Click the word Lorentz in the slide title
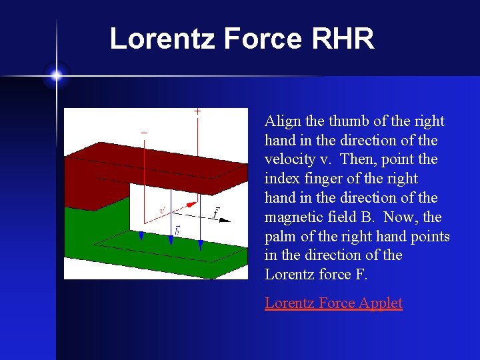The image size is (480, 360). click(x=162, y=39)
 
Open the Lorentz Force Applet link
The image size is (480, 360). click(x=333, y=303)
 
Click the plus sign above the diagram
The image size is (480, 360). click(x=197, y=112)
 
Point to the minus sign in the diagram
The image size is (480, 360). click(x=144, y=133)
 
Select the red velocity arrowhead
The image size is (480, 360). click(x=192, y=204)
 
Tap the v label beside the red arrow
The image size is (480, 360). click(x=162, y=210)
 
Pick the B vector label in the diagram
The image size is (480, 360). click(x=177, y=230)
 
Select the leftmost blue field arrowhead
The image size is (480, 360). click(x=141, y=236)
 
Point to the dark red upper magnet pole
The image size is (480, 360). click(x=153, y=167)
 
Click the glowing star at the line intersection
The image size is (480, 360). click(x=56, y=75)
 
